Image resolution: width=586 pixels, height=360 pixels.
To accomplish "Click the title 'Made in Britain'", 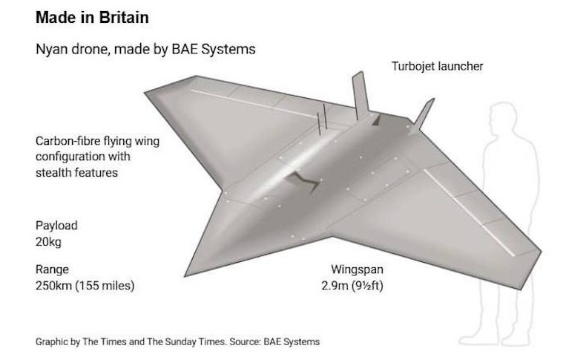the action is pos(92,18).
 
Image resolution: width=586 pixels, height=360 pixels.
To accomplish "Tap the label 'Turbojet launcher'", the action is pos(437,66).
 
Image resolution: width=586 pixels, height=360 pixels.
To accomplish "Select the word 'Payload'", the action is pos(56,226).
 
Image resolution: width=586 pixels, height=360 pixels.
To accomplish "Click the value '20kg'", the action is pos(48,242).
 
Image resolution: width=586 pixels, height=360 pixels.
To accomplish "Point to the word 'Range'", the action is pos(52,269).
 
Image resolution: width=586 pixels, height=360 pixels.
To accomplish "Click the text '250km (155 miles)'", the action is pos(85,286).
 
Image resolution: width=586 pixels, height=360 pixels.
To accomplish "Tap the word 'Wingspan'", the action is pos(357,269).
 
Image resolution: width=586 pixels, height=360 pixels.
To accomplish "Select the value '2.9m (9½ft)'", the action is pos(352,286).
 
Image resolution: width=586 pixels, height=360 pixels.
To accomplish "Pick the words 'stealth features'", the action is pos(76,172).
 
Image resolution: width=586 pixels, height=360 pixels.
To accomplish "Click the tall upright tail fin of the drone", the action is pos(361,95).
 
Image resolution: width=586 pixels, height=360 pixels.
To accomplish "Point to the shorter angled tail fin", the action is pos(422,115).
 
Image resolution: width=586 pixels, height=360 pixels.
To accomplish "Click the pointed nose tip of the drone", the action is pos(185,276).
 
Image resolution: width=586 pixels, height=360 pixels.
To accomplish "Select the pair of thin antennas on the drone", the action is pos(322,119).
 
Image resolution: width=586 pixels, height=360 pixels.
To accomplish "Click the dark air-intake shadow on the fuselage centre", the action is pos(302,182).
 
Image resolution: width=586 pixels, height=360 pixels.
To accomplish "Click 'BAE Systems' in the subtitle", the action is pos(214,50).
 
